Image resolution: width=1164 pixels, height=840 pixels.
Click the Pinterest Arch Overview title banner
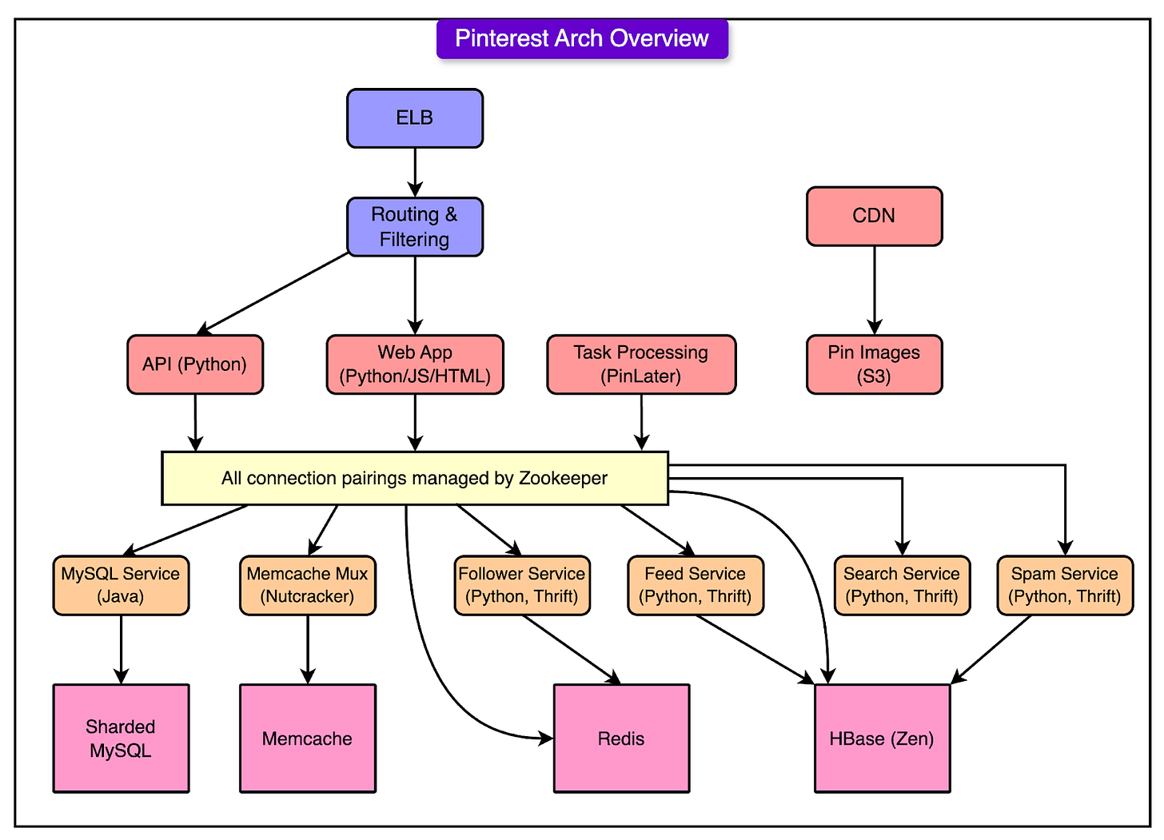[582, 38]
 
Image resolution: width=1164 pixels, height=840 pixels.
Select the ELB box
[415, 118]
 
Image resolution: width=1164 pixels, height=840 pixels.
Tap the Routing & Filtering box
[415, 226]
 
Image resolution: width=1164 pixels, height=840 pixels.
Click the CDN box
[874, 216]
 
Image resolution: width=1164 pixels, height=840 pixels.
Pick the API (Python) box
[195, 364]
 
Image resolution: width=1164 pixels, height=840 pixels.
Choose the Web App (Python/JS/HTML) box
[415, 364]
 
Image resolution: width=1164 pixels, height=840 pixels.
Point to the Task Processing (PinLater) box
[641, 364]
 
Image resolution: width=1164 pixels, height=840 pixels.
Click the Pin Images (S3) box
[874, 364]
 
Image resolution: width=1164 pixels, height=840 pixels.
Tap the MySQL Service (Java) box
[121, 586]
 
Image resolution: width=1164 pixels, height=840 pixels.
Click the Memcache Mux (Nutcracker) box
[308, 586]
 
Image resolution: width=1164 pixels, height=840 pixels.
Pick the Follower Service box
[522, 586]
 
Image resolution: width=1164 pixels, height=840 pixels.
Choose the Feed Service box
[696, 586]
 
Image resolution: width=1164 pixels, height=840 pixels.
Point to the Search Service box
[902, 586]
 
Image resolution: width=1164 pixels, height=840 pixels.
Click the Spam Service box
[1065, 586]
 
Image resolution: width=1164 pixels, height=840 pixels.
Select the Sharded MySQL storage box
[121, 738]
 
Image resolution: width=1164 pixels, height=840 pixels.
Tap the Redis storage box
[621, 738]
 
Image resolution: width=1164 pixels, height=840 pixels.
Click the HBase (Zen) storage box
[883, 738]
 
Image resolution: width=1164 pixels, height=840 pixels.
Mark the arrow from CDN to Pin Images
[874, 290]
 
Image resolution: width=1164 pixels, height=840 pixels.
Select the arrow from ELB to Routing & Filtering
[415, 173]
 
